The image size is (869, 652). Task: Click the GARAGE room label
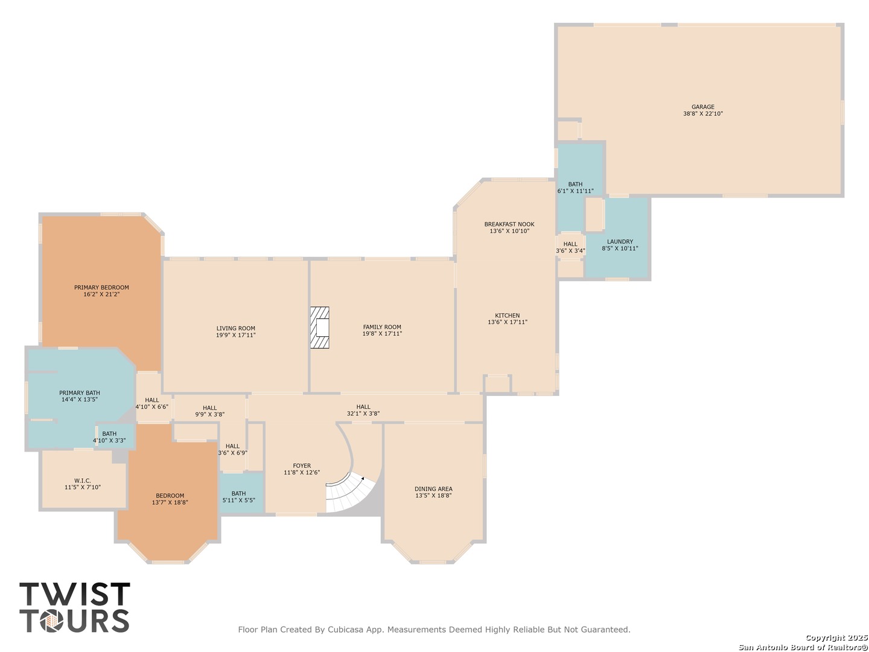tap(702, 107)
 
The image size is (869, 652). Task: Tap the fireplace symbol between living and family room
tap(319, 328)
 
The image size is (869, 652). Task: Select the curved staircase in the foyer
tap(351, 493)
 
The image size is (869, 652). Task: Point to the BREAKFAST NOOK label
tap(509, 225)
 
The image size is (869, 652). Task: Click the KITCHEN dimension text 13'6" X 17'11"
tap(507, 322)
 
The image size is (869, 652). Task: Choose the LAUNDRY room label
tap(620, 241)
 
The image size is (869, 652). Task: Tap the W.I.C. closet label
tap(83, 481)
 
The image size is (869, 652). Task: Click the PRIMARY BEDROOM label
tap(101, 287)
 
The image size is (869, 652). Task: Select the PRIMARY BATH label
tap(80, 392)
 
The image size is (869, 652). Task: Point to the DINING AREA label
tap(433, 489)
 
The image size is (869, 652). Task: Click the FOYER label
tap(302, 465)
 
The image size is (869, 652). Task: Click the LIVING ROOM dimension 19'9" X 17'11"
tap(235, 335)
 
